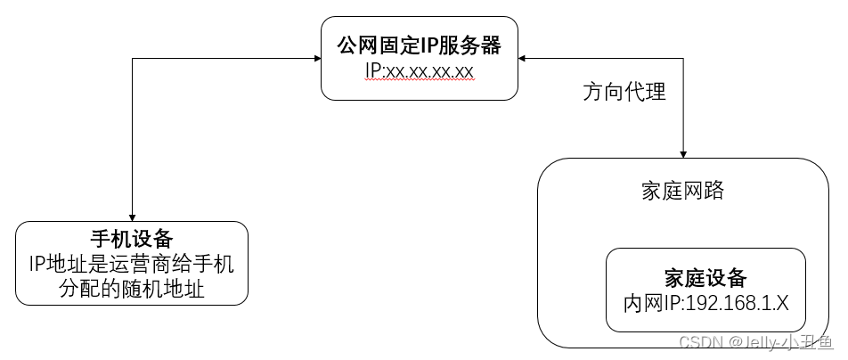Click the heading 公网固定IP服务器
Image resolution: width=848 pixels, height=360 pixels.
tap(419, 43)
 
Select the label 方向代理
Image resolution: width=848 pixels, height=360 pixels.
tap(624, 92)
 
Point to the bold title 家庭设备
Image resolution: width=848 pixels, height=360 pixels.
tap(705, 277)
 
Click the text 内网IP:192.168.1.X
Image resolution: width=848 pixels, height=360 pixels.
tap(705, 302)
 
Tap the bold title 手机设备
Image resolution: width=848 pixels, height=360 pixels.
tap(132, 239)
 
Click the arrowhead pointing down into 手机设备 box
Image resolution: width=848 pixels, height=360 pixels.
tap(132, 216)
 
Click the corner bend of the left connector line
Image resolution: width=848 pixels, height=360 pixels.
tap(132, 59)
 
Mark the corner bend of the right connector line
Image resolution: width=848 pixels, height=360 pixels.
tap(684, 59)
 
